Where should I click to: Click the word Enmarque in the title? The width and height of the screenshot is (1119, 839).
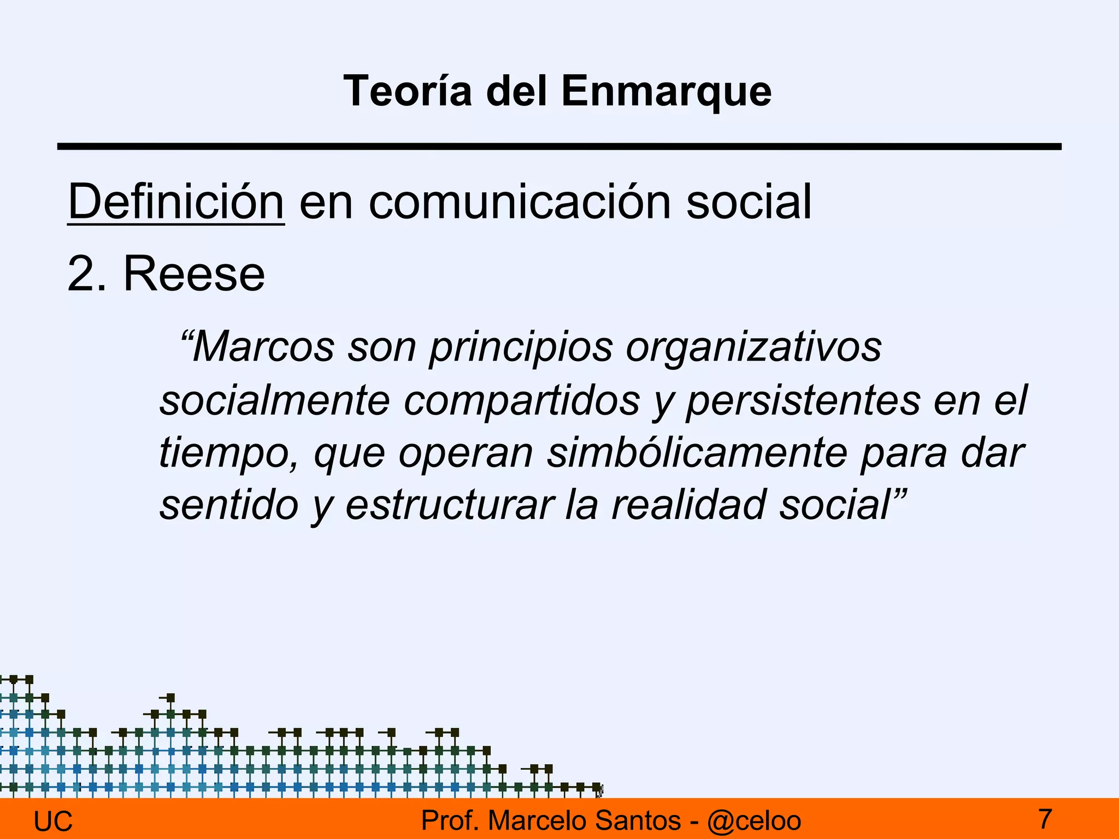click(666, 91)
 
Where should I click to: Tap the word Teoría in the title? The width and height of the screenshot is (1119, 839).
click(408, 91)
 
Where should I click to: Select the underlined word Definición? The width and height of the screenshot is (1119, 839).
click(175, 202)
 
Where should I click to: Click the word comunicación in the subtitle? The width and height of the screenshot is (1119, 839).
click(520, 202)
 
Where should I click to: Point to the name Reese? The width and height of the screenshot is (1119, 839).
click(194, 274)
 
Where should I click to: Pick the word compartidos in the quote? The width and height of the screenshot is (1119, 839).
click(522, 400)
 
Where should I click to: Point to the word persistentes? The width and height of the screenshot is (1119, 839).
click(803, 400)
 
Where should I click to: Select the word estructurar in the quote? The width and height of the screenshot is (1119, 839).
click(450, 505)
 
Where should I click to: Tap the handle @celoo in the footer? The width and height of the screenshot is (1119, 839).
click(754, 821)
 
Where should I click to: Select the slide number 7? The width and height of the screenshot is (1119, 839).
click(1045, 819)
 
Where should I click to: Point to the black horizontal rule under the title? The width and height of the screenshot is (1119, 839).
click(559, 146)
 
